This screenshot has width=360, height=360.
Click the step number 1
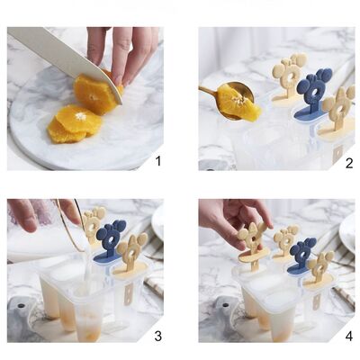click(x=157, y=161)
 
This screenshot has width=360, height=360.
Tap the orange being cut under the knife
click(x=94, y=93)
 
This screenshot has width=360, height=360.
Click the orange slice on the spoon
click(x=238, y=103)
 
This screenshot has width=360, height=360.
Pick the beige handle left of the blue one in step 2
click(x=289, y=76)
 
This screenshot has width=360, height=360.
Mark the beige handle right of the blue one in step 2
click(x=337, y=108)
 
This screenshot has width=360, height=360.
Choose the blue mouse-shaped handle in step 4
click(x=301, y=255)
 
